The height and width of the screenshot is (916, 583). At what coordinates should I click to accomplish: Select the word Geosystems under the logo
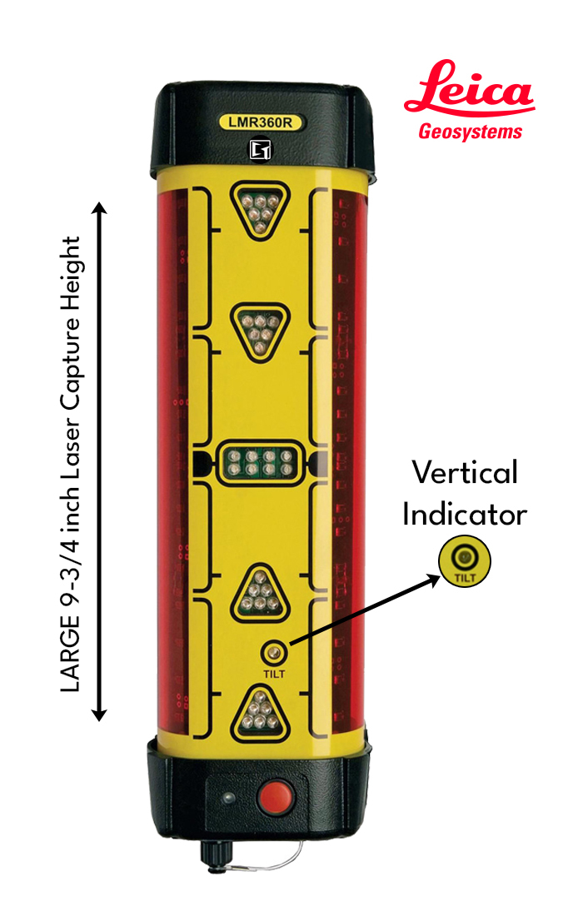coord(471,132)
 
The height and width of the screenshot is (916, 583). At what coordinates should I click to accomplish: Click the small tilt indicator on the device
coord(272,651)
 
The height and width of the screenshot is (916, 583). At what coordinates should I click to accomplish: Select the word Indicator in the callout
coord(465,514)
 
